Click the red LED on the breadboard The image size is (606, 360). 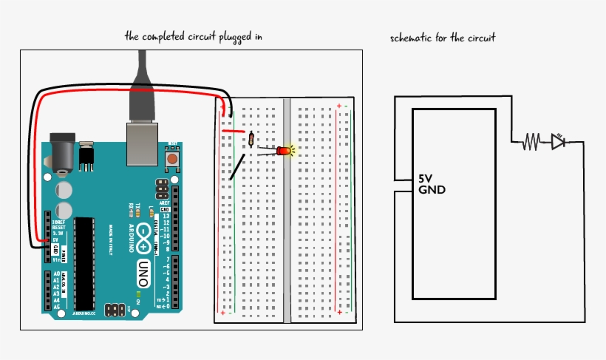click(284, 151)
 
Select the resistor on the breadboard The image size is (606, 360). click(252, 139)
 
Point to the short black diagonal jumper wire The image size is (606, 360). click(237, 167)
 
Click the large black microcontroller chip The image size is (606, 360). click(84, 263)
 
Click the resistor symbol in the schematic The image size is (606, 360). click(531, 141)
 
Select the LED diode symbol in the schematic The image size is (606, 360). click(559, 141)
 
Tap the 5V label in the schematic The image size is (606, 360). click(426, 179)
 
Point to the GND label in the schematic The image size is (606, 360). click(432, 190)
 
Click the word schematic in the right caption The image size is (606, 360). click(412, 37)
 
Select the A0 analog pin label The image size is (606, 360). click(57, 273)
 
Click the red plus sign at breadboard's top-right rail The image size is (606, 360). click(339, 106)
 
